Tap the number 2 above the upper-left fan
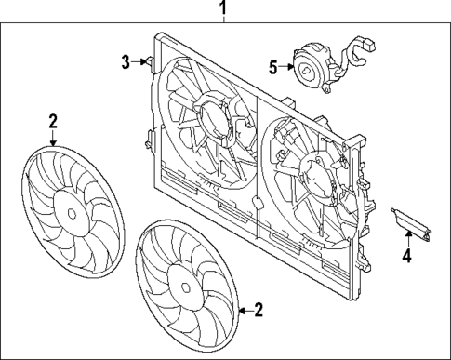(53, 120)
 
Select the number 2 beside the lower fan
(259, 310)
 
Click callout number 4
(405, 255)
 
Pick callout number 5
(272, 66)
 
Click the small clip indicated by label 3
(148, 62)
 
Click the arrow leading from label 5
(285, 66)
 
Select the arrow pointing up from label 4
(405, 238)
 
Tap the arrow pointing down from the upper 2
(53, 137)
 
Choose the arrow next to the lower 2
(244, 310)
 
